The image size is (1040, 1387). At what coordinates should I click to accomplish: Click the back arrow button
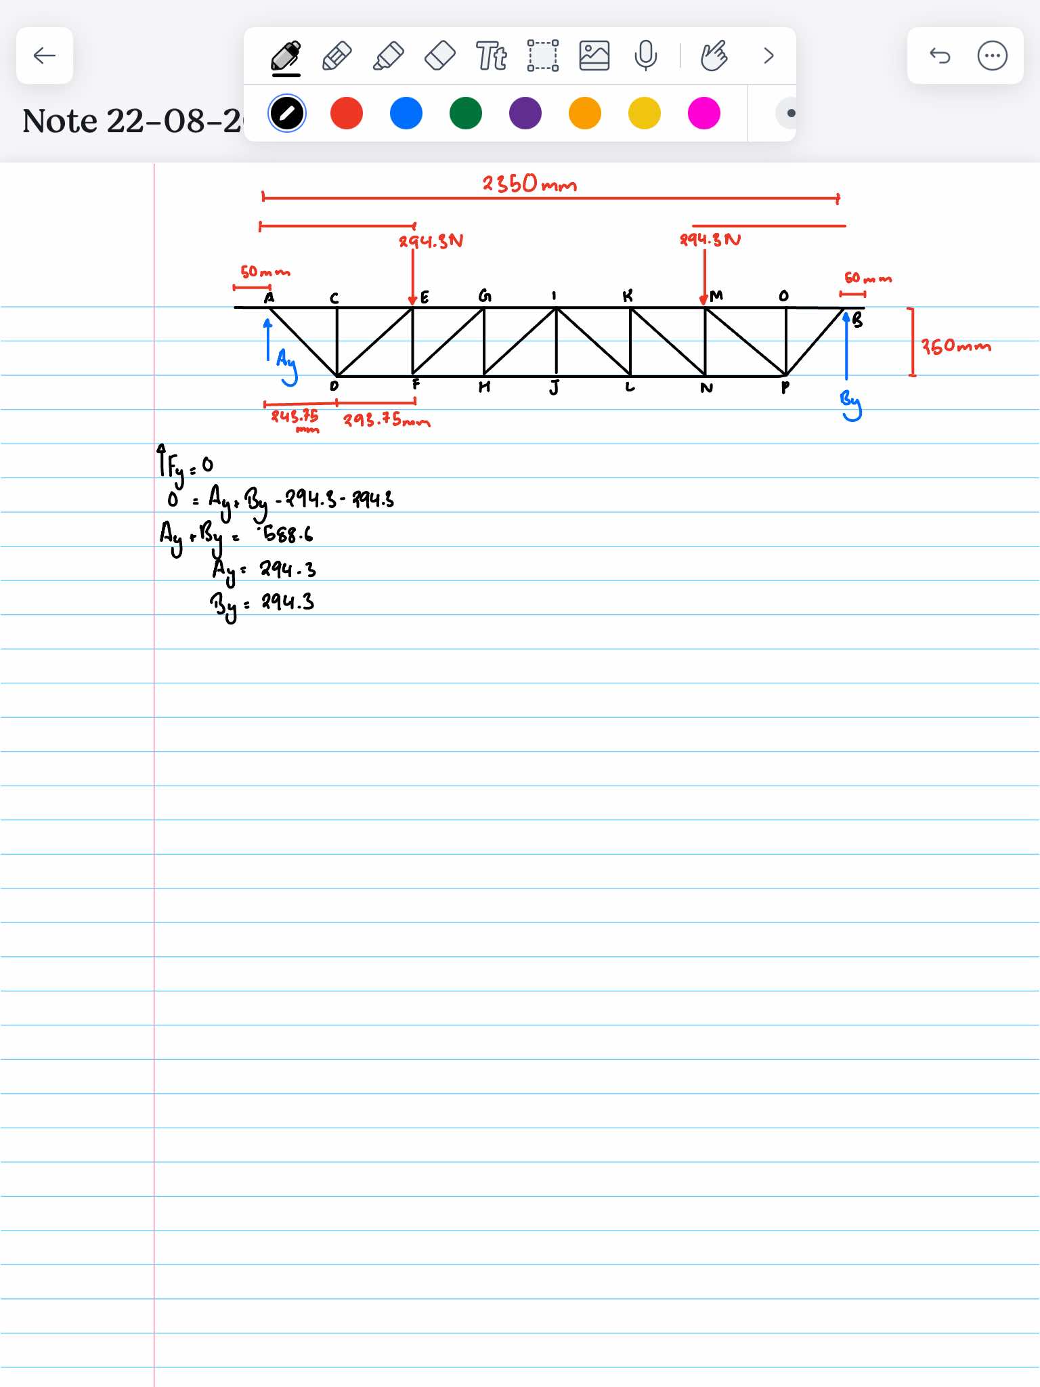tap(45, 56)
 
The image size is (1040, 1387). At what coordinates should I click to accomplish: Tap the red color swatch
tap(347, 113)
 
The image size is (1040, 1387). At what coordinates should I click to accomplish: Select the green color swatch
tap(466, 113)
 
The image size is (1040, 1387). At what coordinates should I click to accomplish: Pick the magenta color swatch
tap(704, 113)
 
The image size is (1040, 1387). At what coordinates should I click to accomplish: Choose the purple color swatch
tap(525, 113)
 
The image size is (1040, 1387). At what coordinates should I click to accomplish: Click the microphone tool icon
tap(645, 56)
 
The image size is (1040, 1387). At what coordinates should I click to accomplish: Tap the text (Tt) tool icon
tap(491, 56)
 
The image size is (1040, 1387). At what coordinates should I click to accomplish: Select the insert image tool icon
tap(594, 56)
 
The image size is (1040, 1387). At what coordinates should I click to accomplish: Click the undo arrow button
tap(940, 56)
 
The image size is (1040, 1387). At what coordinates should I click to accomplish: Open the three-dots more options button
tap(992, 56)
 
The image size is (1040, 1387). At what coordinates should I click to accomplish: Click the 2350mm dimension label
tap(529, 184)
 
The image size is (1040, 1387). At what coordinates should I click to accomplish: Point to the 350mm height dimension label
tap(955, 347)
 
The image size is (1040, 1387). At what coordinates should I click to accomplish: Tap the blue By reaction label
tap(851, 405)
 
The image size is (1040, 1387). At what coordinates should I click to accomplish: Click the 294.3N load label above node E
tap(431, 241)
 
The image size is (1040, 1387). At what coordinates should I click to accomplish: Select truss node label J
tap(555, 387)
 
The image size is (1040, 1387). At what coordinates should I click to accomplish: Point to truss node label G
tap(485, 296)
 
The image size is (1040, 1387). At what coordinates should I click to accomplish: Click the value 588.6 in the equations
tap(288, 534)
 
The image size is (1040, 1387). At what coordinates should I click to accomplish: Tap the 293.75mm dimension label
tap(386, 420)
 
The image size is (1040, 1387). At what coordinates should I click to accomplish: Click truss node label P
tap(785, 387)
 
